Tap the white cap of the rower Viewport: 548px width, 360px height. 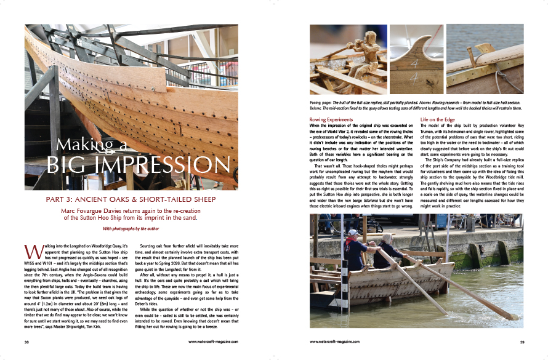[x=353, y=233]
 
